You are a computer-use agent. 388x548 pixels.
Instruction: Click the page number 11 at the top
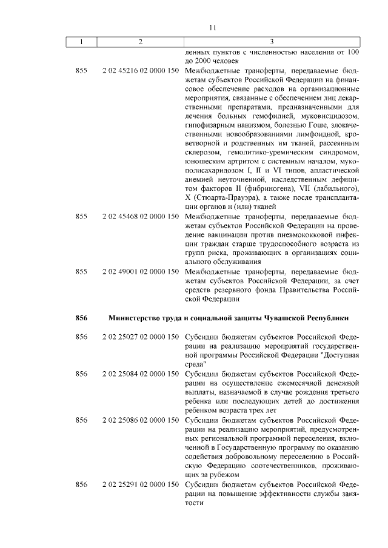(212, 27)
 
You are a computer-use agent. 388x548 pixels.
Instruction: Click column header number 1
(81, 42)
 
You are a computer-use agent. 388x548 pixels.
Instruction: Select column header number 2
(141, 42)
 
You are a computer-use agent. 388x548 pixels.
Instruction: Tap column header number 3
(271, 42)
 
